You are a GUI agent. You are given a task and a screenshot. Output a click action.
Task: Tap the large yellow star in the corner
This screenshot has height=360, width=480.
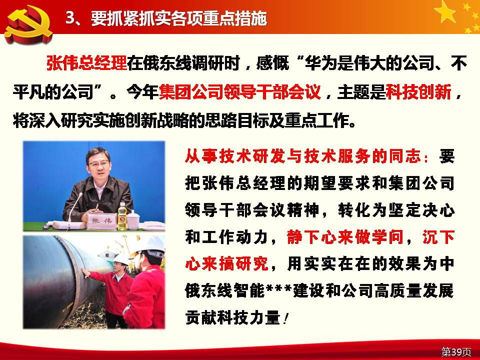445,12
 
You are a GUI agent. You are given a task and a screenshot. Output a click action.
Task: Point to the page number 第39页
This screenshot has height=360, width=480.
456,351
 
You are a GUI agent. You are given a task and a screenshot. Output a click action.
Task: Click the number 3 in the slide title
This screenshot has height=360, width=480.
70,18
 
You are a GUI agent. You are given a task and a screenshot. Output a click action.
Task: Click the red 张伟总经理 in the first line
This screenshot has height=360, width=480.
86,63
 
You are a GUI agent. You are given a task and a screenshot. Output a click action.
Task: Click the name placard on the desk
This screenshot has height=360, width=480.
102,221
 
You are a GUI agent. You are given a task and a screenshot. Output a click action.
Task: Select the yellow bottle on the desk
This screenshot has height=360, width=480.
122,216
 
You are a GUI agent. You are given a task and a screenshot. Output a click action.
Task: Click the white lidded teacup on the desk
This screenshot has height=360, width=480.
133,220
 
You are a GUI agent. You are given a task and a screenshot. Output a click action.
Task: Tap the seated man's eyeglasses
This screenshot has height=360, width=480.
98,163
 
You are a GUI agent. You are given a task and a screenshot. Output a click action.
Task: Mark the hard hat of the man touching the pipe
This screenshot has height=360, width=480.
122,259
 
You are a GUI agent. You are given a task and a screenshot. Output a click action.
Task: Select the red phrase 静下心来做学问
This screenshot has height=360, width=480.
345,237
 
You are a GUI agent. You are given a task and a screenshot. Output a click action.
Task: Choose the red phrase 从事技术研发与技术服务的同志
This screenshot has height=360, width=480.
303,156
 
